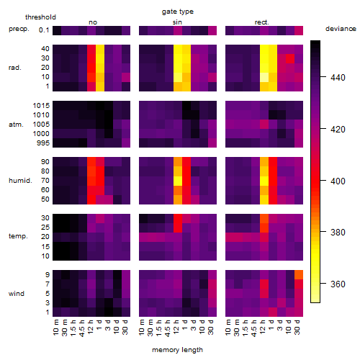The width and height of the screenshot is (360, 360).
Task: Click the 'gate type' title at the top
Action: pyautogui.click(x=178, y=12)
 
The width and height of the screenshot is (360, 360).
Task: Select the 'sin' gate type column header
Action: pyautogui.click(x=177, y=22)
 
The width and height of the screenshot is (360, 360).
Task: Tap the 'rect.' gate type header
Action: pyautogui.click(x=261, y=22)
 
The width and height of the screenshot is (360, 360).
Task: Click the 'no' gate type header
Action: pyautogui.click(x=93, y=22)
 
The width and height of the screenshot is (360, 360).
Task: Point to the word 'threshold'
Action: pyautogui.click(x=40, y=17)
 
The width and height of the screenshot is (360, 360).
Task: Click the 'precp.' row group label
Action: pyautogui.click(x=19, y=29)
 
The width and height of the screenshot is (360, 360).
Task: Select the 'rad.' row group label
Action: pyautogui.click(x=15, y=68)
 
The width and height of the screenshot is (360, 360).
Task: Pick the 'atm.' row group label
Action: pyautogui.click(x=16, y=125)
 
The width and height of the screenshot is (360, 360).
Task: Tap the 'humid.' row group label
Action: pyautogui.click(x=20, y=180)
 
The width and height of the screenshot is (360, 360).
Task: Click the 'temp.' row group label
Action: pyautogui.click(x=18, y=236)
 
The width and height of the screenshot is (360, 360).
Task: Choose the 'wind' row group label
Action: pyautogui.click(x=17, y=293)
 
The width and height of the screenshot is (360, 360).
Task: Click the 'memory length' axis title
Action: pyautogui.click(x=177, y=350)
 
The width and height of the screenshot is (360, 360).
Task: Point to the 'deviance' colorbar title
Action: pyautogui.click(x=341, y=29)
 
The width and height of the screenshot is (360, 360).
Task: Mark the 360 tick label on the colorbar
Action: pyautogui.click(x=338, y=284)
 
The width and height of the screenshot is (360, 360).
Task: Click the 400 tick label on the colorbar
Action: pyautogui.click(x=338, y=181)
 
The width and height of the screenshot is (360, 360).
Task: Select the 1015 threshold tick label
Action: pyautogui.click(x=41, y=106)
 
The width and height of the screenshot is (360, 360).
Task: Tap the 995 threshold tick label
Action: pyautogui.click(x=43, y=143)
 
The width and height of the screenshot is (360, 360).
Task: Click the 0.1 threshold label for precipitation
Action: pyautogui.click(x=44, y=30)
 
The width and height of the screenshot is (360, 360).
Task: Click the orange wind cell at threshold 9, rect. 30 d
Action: pyautogui.click(x=299, y=274)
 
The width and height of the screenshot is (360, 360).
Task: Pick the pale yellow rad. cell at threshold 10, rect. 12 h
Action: pyautogui.click(x=264, y=77)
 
